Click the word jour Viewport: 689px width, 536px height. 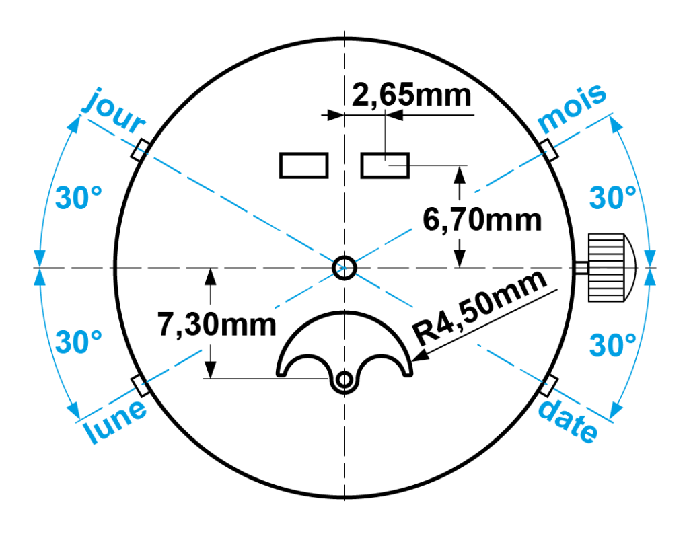click(x=113, y=112)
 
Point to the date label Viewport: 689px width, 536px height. click(x=568, y=421)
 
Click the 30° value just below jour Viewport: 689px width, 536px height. click(x=79, y=198)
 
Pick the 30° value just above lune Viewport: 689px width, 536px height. click(x=79, y=342)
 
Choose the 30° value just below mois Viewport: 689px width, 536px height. click(x=612, y=198)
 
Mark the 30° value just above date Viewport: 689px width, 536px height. click(x=612, y=346)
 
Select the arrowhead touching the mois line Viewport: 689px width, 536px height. click(x=616, y=124)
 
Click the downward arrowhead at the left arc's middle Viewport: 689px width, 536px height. click(x=39, y=258)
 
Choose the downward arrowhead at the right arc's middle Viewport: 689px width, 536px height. click(x=650, y=258)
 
